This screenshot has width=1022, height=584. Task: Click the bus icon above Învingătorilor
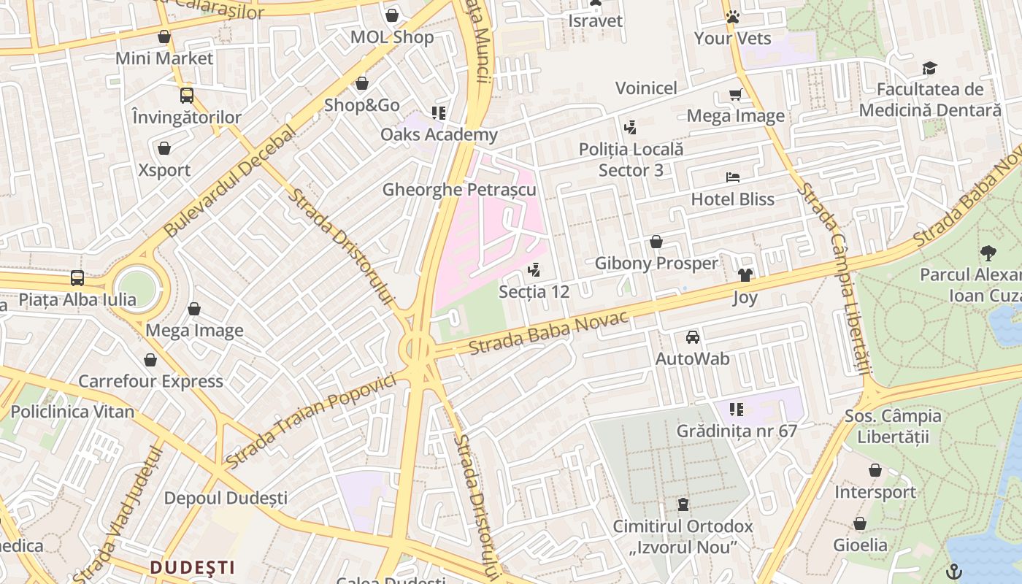pyautogui.click(x=187, y=95)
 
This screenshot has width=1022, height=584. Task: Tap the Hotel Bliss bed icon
pyautogui.click(x=733, y=177)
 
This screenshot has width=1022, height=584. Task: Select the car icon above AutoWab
pyautogui.click(x=692, y=337)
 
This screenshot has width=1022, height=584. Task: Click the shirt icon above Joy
pyautogui.click(x=745, y=275)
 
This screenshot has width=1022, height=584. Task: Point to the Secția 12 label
pyautogui.click(x=534, y=291)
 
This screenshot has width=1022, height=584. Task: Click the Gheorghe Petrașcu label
pyautogui.click(x=459, y=190)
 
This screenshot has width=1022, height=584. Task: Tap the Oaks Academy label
pyautogui.click(x=439, y=134)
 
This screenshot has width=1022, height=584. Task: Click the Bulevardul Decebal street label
pyautogui.click(x=230, y=181)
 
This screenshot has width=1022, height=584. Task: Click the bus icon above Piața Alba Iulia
pyautogui.click(x=77, y=277)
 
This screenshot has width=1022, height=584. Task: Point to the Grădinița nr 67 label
pyautogui.click(x=737, y=431)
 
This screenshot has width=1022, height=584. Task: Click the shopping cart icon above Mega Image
pyautogui.click(x=735, y=94)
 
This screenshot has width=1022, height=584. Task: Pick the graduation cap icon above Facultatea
pyautogui.click(x=929, y=68)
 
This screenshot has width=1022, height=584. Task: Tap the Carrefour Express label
pyautogui.click(x=150, y=381)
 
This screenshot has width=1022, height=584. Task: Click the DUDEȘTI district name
pyautogui.click(x=193, y=567)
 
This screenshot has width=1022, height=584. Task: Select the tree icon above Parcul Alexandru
pyautogui.click(x=988, y=253)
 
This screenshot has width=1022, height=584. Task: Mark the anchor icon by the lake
pyautogui.click(x=954, y=570)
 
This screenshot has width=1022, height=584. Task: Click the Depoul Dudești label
pyautogui.click(x=226, y=498)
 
